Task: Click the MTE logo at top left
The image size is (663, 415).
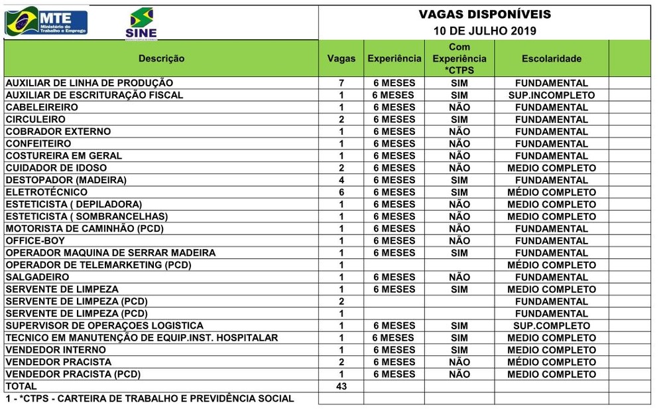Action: coord(46,21)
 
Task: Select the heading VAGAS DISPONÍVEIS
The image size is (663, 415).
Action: coord(485,15)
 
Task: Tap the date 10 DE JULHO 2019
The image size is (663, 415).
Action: coord(485,31)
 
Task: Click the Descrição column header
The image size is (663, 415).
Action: coord(161,58)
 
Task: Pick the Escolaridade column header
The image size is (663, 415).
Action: coord(551,58)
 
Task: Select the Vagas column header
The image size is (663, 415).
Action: coord(341,58)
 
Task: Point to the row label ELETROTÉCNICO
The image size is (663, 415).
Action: coord(46,192)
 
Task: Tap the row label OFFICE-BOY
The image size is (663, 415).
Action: coord(35,240)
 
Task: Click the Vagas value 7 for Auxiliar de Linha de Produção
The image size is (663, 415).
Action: coord(341,83)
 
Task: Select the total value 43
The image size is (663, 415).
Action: coord(341,386)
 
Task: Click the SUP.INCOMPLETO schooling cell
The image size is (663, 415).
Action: coord(551,95)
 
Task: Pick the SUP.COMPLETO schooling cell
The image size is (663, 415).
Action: coord(551,325)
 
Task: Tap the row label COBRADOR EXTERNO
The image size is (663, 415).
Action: coord(58,131)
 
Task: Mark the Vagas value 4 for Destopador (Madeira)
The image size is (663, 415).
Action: coord(341,180)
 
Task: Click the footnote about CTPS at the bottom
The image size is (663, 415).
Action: coord(150,398)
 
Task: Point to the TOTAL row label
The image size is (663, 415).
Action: coord(21,386)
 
